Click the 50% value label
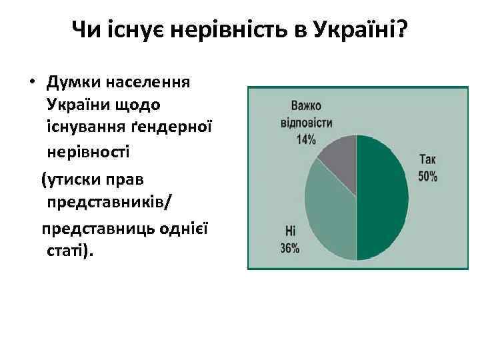(x=427, y=177)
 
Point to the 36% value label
(x=289, y=248)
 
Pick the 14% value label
(x=306, y=139)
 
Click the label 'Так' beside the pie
(x=427, y=159)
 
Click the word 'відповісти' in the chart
(x=306, y=123)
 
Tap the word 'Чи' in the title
(x=85, y=29)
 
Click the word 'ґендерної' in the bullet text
(x=171, y=127)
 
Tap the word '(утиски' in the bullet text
(x=69, y=179)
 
